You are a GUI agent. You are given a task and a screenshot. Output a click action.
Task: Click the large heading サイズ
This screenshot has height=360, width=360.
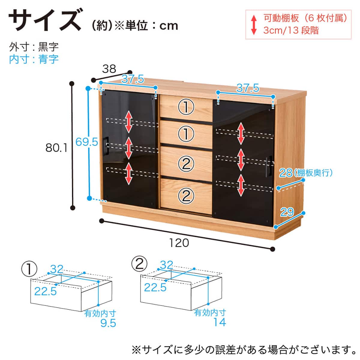pos(45,20)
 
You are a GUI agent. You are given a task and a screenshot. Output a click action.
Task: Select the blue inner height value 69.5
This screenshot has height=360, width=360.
pos(87,142)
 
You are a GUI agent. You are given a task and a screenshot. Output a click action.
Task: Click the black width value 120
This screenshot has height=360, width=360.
pos(179,243)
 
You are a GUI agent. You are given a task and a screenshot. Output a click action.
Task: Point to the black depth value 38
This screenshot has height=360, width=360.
pos(109,69)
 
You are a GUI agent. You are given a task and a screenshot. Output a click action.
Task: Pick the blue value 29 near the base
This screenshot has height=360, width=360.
pos(287,212)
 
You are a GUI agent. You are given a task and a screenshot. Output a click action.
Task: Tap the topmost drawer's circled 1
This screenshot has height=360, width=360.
pos(186,107)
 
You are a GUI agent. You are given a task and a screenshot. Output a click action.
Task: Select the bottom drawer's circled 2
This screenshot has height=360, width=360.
pos(186,196)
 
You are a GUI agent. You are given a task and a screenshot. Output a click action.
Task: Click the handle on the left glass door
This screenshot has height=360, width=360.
pos(106,146)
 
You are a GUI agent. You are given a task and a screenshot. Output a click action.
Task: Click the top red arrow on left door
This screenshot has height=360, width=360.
pos(129,122)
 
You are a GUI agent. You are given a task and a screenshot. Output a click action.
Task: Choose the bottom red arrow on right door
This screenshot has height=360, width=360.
pos(241,185)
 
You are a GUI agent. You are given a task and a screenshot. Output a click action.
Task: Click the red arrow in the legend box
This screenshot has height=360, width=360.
pos(254,25)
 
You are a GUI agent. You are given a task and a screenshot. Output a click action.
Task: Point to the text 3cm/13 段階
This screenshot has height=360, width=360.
pos(291,30)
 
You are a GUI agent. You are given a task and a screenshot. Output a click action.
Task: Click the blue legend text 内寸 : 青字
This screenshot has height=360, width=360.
pos(34,59)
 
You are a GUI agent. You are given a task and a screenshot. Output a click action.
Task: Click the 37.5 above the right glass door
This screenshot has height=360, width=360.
pos(248,88)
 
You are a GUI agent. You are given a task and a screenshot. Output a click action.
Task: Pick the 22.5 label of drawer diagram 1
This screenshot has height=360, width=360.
pos(45,291)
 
